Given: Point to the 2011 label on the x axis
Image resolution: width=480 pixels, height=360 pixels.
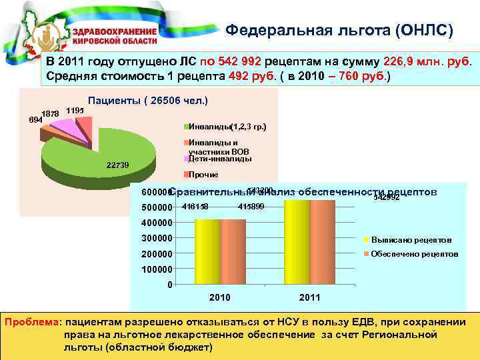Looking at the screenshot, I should click(x=309, y=297).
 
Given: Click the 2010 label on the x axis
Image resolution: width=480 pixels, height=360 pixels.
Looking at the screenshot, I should click(x=221, y=297).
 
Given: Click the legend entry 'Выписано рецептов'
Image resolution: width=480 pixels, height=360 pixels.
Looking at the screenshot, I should click(x=411, y=239).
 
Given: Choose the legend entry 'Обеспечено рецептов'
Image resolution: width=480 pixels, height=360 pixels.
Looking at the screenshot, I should click(x=414, y=254).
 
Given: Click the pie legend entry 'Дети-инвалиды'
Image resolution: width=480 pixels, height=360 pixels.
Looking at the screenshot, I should click(x=220, y=159).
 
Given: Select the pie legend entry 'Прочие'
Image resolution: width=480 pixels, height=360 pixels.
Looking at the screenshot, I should click(x=203, y=174).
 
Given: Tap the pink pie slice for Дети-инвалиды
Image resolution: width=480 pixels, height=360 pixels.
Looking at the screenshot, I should click(x=63, y=125).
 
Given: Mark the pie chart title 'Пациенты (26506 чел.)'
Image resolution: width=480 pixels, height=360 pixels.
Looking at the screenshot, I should click(x=148, y=100).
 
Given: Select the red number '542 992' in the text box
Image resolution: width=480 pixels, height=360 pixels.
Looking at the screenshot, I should click(x=233, y=61).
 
